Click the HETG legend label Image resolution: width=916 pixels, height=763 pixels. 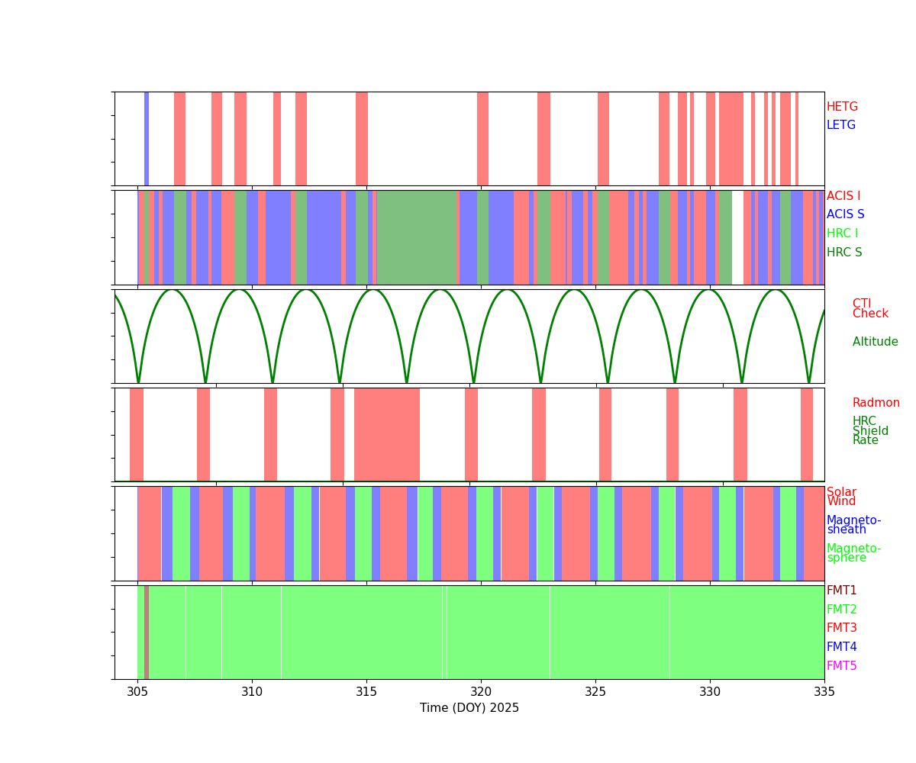[x=842, y=107]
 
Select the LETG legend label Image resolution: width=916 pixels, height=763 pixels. [x=841, y=125]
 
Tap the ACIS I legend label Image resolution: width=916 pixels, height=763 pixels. [x=843, y=196]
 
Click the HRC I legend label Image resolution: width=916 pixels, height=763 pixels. [x=842, y=233]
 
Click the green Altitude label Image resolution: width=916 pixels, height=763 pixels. [x=875, y=342]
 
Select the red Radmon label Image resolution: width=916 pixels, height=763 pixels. [x=876, y=403]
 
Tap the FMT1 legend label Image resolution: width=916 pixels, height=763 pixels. [x=842, y=591]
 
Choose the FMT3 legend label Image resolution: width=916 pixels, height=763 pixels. [x=842, y=628]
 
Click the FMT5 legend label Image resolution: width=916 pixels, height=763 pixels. [x=842, y=666]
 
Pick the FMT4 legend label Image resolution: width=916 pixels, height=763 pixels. [x=842, y=647]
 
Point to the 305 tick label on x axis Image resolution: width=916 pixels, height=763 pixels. [x=137, y=691]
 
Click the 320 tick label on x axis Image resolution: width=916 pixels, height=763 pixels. [x=481, y=691]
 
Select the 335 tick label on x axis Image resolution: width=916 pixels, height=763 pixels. [x=824, y=691]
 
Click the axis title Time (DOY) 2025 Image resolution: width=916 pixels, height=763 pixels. [x=469, y=708]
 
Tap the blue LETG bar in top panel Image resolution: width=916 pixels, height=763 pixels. [x=147, y=138]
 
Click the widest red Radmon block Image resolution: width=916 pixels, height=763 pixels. [x=387, y=434]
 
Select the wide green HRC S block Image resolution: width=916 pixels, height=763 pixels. [x=416, y=237]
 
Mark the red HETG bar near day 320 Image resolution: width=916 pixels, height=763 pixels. [x=482, y=138]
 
